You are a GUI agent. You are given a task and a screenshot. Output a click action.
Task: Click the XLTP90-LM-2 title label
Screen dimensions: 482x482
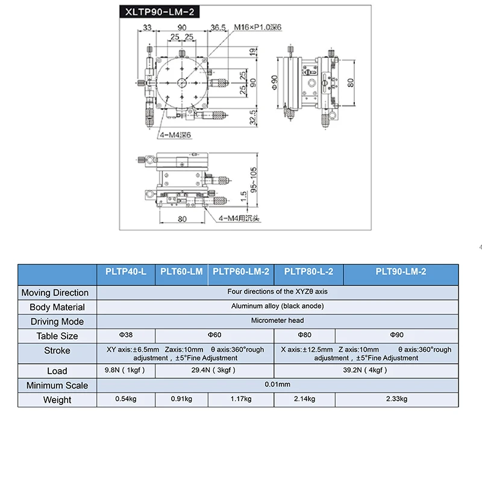click(x=160, y=12)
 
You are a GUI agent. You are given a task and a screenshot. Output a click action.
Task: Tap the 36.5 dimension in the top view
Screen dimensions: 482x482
click(x=218, y=28)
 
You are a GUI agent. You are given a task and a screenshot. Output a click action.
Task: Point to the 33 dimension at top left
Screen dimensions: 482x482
click(x=147, y=28)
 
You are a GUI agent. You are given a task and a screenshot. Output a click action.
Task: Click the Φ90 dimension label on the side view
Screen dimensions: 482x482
click(x=275, y=83)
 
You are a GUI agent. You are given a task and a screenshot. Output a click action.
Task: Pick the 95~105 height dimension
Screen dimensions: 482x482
click(x=253, y=180)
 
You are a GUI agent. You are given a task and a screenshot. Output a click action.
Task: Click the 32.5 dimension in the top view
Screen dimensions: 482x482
click(x=252, y=117)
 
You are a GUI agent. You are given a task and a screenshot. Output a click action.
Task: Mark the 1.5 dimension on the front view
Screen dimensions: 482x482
click(x=243, y=196)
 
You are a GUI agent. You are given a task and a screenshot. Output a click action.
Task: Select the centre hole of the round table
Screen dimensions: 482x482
click(x=182, y=83)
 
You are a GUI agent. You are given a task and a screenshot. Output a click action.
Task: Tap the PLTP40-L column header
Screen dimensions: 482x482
click(x=126, y=272)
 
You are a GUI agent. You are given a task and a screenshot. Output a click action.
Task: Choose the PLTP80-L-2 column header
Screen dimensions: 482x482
click(x=308, y=272)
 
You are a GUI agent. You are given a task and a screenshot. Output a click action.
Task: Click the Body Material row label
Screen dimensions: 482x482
click(x=57, y=307)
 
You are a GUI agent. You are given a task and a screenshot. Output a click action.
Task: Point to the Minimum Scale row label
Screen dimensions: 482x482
click(x=57, y=386)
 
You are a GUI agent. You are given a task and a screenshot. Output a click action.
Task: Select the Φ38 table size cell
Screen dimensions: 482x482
click(x=126, y=335)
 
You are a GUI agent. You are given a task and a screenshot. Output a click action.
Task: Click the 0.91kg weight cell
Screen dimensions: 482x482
click(x=181, y=399)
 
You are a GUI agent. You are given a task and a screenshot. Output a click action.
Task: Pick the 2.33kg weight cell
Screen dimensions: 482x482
click(x=396, y=399)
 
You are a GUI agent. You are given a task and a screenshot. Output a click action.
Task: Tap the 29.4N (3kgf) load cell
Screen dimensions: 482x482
click(x=213, y=370)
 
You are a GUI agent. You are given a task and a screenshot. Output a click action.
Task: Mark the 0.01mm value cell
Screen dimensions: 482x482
click(x=277, y=384)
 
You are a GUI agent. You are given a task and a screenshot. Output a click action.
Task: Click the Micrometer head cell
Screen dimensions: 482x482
click(x=277, y=321)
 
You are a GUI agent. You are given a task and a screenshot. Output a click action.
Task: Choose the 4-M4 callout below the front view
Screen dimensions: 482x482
click(x=239, y=218)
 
